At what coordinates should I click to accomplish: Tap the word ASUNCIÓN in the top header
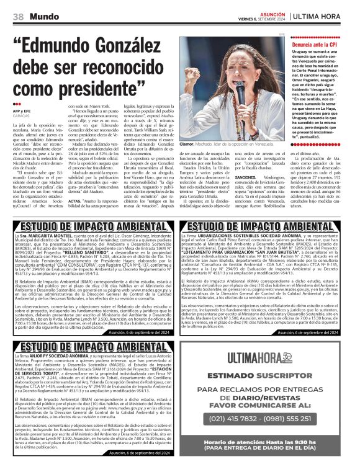click(x=268, y=12)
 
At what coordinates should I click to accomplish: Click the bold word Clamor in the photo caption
click(x=187, y=144)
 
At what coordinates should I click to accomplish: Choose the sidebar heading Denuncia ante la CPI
click(x=315, y=45)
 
